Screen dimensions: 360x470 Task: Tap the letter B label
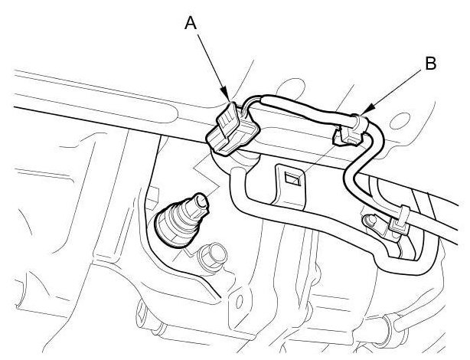[431, 64]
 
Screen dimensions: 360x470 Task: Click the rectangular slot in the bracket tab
[292, 179]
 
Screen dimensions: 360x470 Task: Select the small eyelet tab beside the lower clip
[374, 221]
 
